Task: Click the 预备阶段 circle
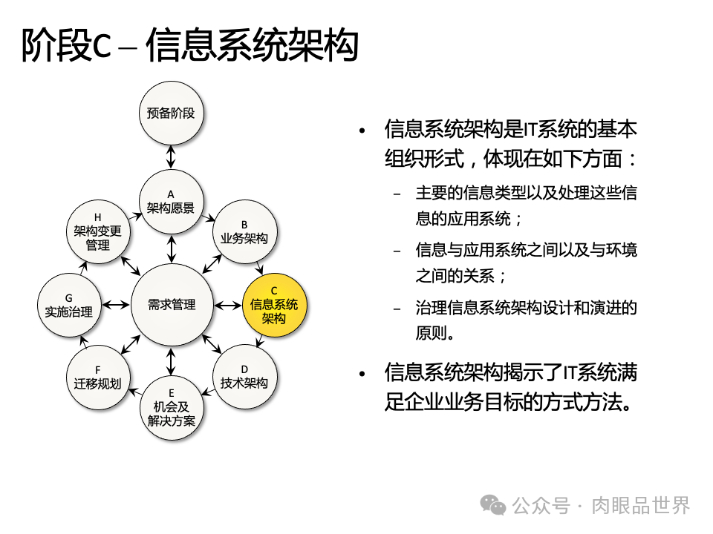pos(171,113)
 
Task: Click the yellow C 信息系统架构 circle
pos(274,305)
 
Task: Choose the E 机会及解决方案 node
pos(171,407)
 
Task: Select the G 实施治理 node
pos(68,305)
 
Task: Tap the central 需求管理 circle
pos(172,305)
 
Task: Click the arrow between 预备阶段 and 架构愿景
pos(171,157)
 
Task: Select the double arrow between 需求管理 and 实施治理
pos(116,305)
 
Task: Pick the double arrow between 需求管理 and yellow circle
pos(227,305)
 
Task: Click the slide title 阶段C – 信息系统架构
pos(189,47)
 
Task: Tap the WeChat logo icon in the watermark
pos(493,506)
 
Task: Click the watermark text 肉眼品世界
pos(641,506)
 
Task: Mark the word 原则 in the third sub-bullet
pos(434,332)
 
